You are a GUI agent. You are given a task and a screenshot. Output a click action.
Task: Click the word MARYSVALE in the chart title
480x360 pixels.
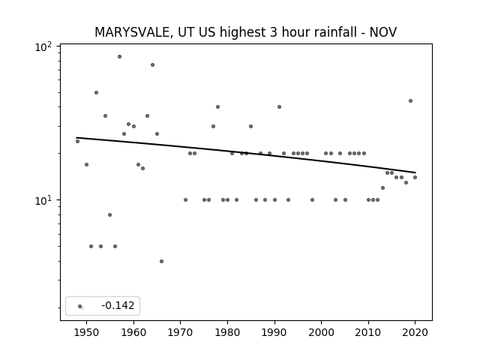coord(132,32)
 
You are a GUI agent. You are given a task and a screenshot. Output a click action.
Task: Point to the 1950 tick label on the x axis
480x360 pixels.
coord(87,332)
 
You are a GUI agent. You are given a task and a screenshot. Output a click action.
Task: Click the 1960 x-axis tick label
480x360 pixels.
coord(133,332)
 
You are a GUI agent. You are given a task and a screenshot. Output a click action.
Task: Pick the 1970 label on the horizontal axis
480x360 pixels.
coord(181,332)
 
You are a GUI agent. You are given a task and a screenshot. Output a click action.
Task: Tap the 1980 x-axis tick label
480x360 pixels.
coord(227,332)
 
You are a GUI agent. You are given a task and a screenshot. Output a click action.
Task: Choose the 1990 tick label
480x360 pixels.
coord(274,332)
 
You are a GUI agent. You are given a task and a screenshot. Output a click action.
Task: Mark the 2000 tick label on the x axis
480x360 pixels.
coord(322,332)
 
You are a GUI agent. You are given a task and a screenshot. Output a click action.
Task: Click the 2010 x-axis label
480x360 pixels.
coord(368,332)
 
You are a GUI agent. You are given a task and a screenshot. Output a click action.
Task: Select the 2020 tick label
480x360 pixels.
coord(415,332)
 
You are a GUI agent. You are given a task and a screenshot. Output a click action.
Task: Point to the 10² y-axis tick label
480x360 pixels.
coord(43,46)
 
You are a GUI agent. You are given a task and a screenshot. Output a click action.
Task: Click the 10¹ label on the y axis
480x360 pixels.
coord(43,200)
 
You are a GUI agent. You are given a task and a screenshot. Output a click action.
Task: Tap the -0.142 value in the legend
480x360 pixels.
coord(118,305)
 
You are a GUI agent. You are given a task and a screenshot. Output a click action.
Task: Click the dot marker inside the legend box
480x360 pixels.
coord(80,306)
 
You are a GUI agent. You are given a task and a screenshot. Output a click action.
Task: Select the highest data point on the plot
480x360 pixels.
coord(119,57)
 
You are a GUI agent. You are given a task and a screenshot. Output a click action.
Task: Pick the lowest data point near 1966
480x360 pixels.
coord(162,261)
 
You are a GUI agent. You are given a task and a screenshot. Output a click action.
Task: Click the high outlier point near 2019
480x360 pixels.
coord(410,100)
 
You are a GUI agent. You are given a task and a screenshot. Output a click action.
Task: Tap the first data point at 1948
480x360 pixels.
coord(77,141)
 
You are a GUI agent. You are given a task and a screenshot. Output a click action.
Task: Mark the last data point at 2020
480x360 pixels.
coord(415,177)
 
